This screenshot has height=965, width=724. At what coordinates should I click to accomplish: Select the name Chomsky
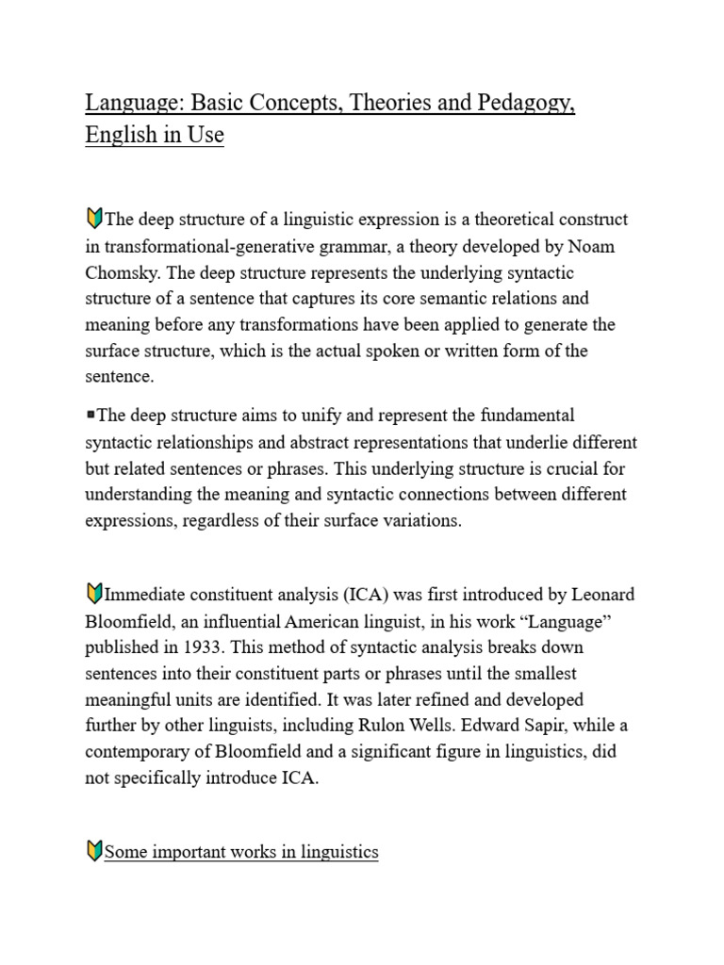pyautogui.click(x=123, y=271)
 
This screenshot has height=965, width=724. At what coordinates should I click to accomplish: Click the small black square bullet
pyautogui.click(x=90, y=414)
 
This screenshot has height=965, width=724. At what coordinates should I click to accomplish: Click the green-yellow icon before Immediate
pyautogui.click(x=93, y=594)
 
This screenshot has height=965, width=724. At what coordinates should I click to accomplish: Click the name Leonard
pyautogui.click(x=601, y=595)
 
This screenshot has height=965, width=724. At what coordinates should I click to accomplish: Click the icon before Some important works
pyautogui.click(x=93, y=852)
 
